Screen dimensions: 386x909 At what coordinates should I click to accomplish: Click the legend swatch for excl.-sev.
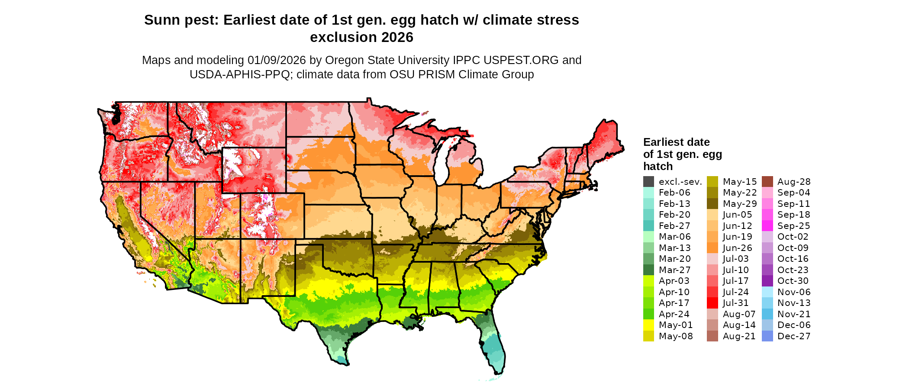(648, 182)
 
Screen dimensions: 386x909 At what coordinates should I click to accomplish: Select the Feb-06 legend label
(674, 193)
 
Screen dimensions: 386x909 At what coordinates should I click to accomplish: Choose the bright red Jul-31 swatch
(712, 303)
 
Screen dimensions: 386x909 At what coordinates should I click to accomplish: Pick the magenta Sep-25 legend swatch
(767, 226)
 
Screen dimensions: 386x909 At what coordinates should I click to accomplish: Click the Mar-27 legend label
(674, 270)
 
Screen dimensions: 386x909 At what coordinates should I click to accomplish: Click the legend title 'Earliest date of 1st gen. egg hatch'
(682, 154)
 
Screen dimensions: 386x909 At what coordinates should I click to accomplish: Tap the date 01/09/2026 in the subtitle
(277, 61)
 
